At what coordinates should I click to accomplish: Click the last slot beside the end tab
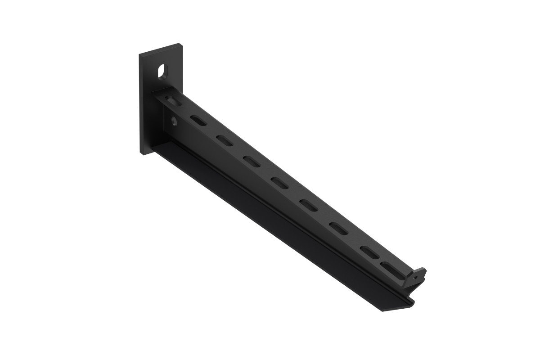click(x=387, y=265)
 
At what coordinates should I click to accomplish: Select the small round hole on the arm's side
click(x=173, y=120)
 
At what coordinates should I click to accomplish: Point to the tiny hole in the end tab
click(x=414, y=279)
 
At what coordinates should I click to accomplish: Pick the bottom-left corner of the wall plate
click(x=141, y=154)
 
